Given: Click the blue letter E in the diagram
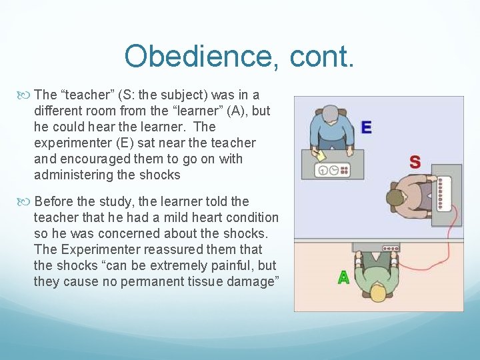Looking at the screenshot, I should pyautogui.click(x=366, y=127).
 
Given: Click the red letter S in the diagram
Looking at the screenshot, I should pyautogui.click(x=415, y=162).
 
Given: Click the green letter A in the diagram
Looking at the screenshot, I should pyautogui.click(x=343, y=277).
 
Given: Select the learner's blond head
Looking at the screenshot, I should pyautogui.click(x=378, y=292).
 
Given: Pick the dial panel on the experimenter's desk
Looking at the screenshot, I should pyautogui.click(x=333, y=169).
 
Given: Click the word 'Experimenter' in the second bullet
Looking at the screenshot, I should pyautogui.click(x=100, y=249).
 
